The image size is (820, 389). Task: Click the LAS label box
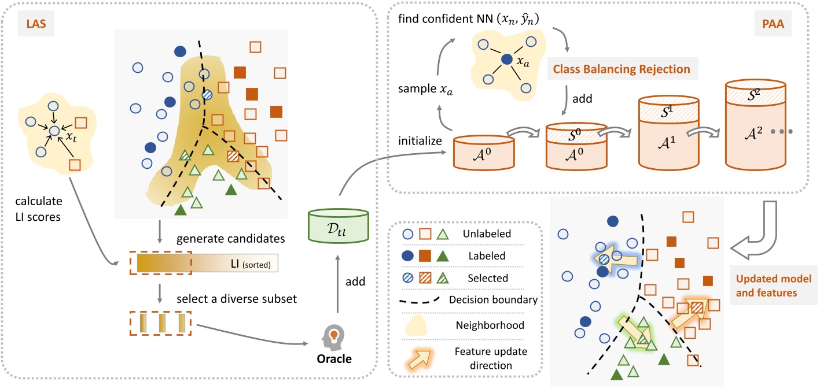tap(32, 28)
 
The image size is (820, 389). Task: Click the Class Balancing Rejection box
tap(621, 69)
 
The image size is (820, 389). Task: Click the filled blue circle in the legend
tap(407, 256)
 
